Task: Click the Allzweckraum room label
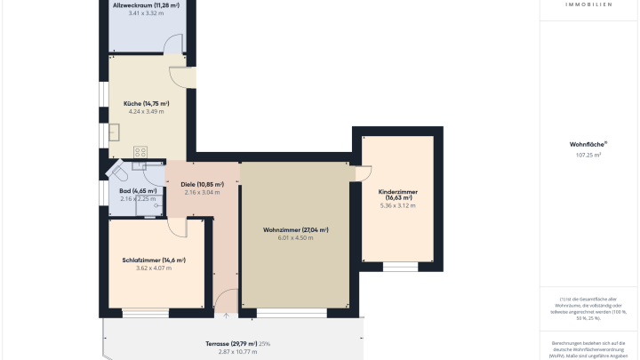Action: pyautogui.click(x=147, y=5)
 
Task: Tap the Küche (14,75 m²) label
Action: pyautogui.click(x=147, y=104)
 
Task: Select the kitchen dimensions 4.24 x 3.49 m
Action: pyautogui.click(x=147, y=112)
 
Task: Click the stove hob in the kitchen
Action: pyautogui.click(x=140, y=152)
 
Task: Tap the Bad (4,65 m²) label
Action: pyautogui.click(x=138, y=190)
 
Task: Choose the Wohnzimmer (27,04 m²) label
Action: pyautogui.click(x=296, y=229)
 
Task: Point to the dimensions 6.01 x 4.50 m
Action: pyautogui.click(x=296, y=238)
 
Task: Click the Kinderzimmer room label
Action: pyautogui.click(x=397, y=195)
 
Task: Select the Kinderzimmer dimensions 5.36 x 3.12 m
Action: pyautogui.click(x=397, y=205)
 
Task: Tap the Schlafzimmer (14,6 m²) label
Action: pyautogui.click(x=154, y=260)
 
